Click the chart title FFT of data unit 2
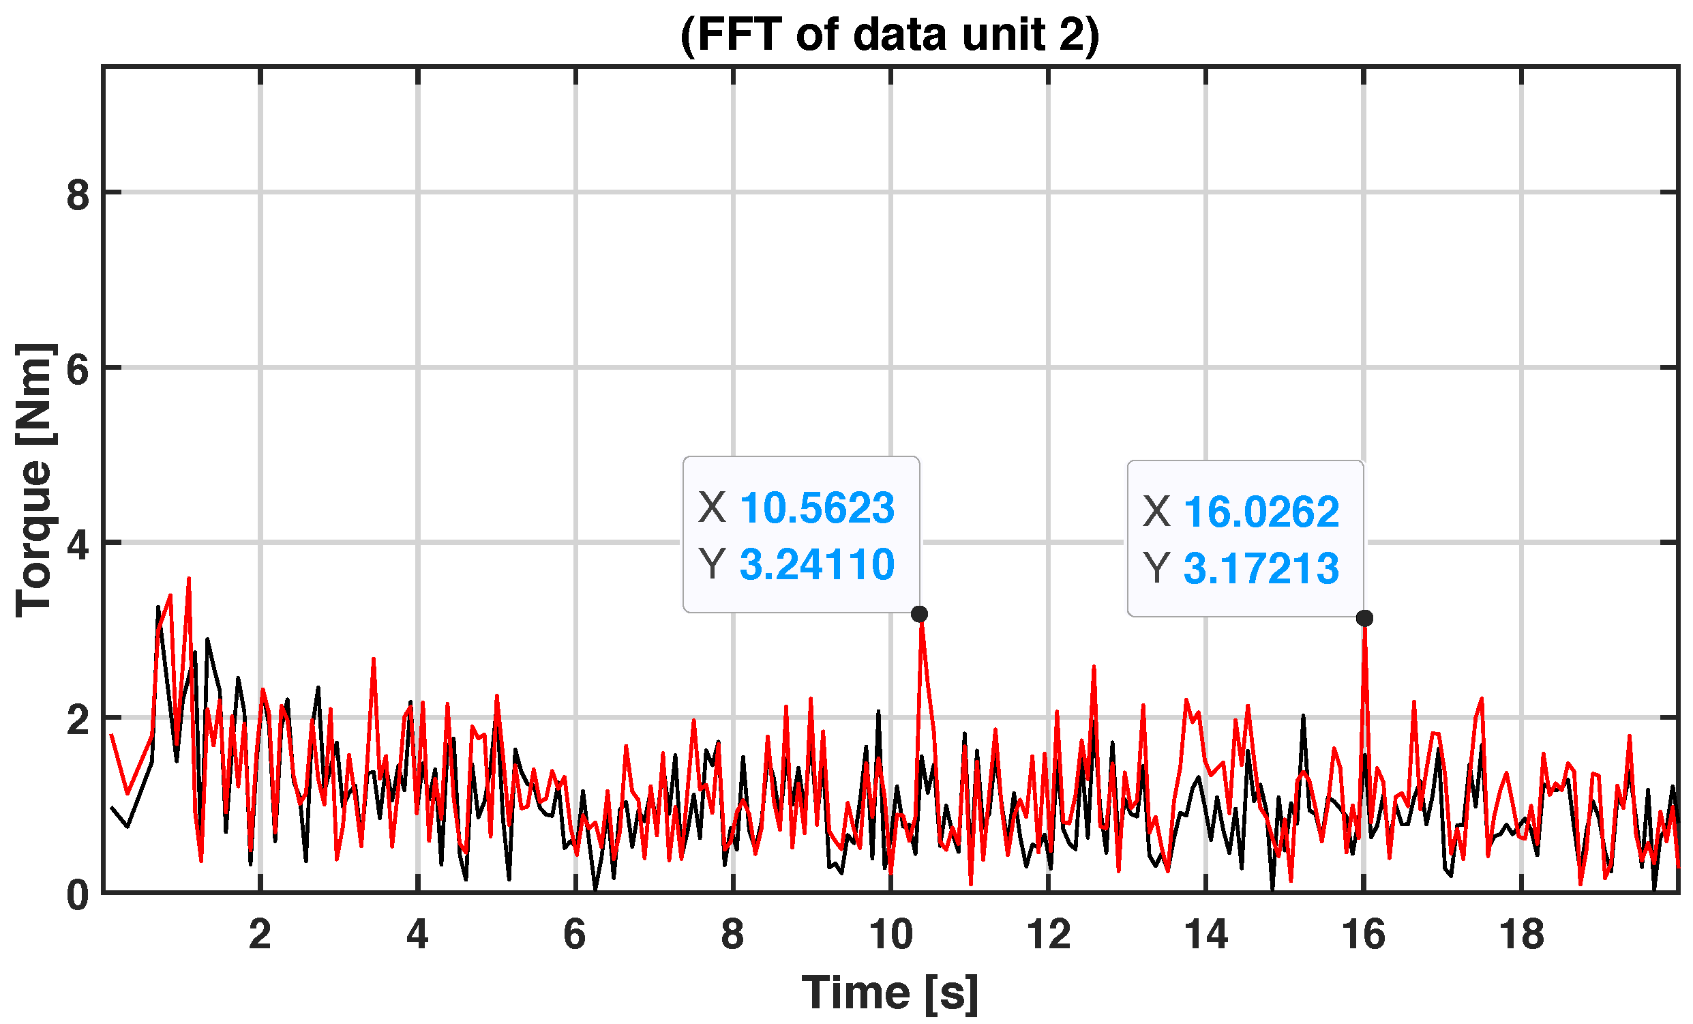tap(890, 34)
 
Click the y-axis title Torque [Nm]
tap(34, 480)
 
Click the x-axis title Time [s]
tap(890, 993)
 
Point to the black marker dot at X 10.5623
tap(919, 614)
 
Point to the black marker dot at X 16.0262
tap(1364, 618)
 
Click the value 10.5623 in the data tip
tap(817, 508)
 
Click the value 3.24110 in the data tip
tap(817, 564)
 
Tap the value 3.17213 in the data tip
tap(1261, 568)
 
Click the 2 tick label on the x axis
tap(260, 935)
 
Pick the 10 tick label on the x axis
tap(890, 935)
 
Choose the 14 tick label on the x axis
tap(1206, 935)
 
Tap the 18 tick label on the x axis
tap(1521, 935)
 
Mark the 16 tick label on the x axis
tap(1363, 935)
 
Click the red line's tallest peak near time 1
tap(188, 579)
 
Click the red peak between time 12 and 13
tap(1094, 667)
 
